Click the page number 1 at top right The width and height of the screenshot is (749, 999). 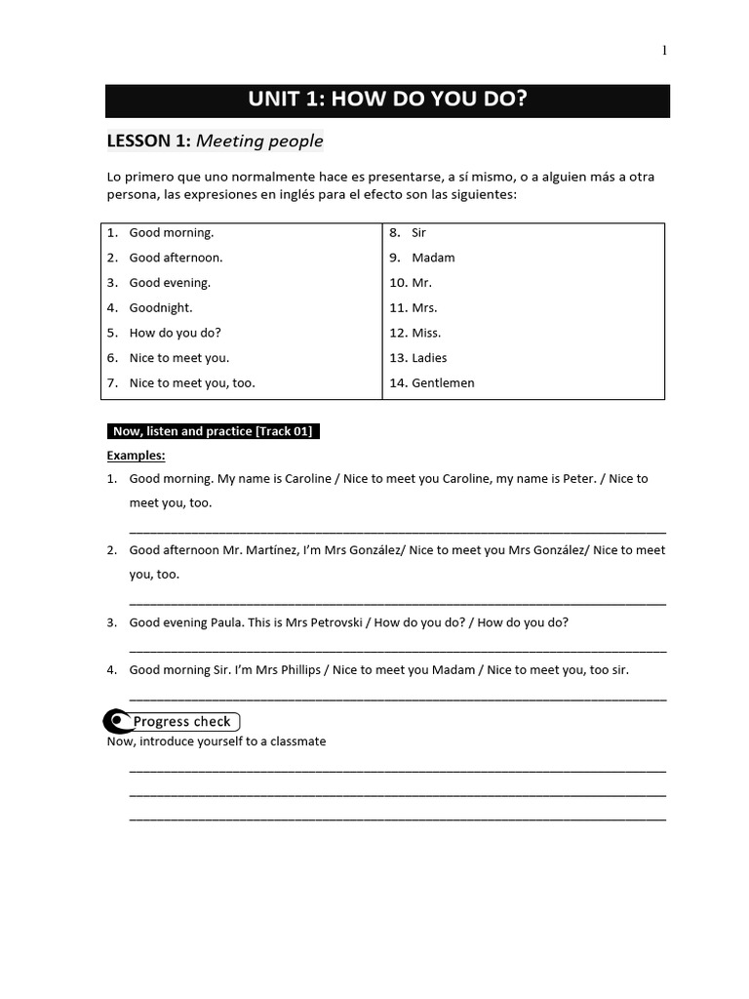pos(664,52)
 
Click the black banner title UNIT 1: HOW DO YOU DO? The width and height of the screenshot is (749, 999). pos(387,100)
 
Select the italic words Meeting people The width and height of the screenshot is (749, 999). pos(259,141)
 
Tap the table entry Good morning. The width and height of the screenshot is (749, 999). pos(171,233)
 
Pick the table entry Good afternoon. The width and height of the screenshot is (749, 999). pos(176,258)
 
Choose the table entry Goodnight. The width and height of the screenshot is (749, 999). pos(161,307)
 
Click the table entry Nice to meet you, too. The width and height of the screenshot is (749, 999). pos(192,383)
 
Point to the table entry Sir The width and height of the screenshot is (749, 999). pos(418,233)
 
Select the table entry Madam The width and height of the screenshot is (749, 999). pos(433,258)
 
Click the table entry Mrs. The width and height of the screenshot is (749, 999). pos(424,307)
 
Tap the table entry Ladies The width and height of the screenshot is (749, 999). pos(429,358)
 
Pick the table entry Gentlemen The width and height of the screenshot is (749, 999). pos(443,383)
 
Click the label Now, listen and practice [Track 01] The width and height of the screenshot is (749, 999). pos(213,431)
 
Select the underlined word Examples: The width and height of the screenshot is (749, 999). pos(136,456)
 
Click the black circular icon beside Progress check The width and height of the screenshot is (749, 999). pos(117,721)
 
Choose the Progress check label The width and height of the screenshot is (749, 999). pos(182,722)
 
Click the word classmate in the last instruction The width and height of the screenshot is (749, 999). pos(296,741)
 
